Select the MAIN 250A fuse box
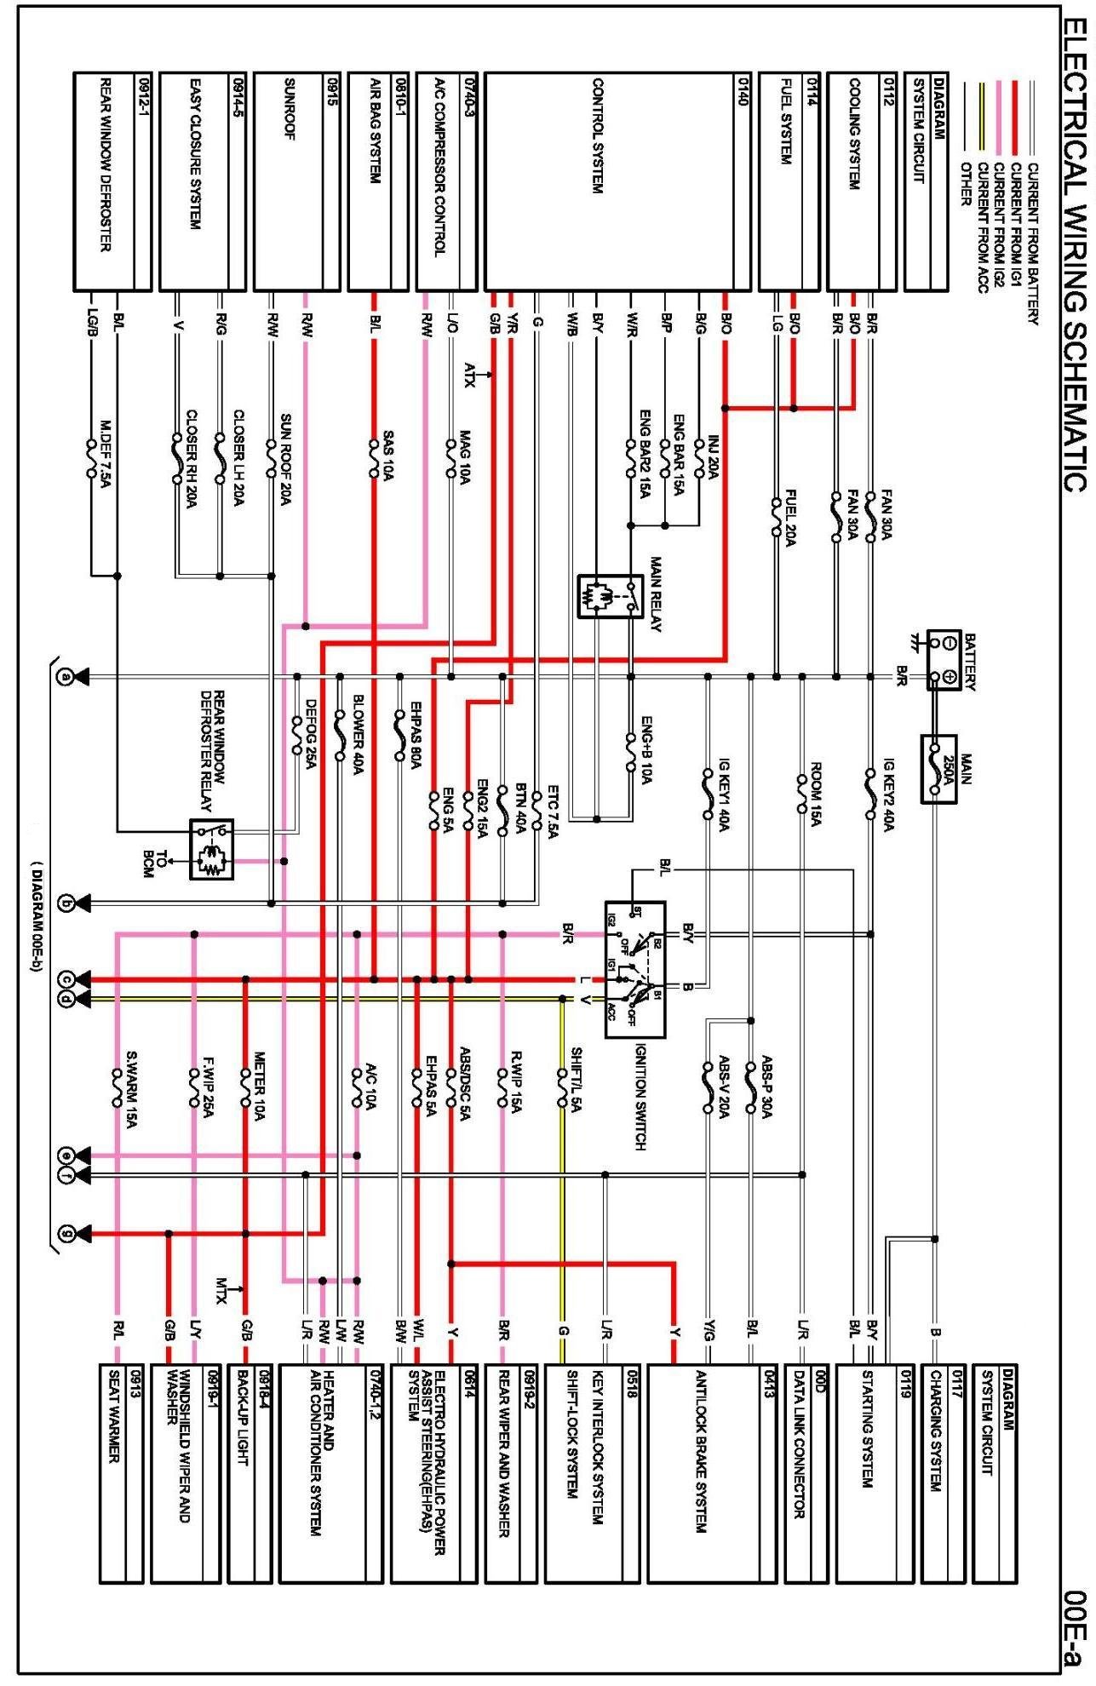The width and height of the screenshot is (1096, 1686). point(938,768)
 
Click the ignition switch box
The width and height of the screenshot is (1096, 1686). point(634,969)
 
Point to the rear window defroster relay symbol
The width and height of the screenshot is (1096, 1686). point(210,849)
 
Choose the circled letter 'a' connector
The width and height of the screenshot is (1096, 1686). point(65,678)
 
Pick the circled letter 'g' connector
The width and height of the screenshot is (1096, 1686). point(65,1233)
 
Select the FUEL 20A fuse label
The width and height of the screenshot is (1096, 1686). point(790,518)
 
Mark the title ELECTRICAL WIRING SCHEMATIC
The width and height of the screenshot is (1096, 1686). point(1075,255)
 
